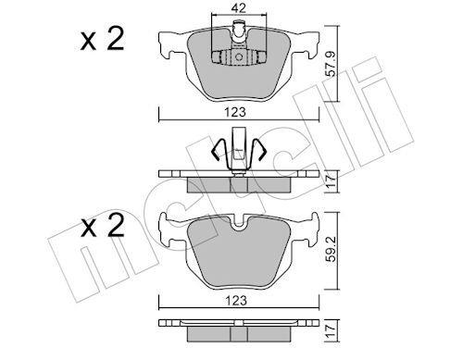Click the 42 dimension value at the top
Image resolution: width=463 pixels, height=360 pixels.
click(x=239, y=8)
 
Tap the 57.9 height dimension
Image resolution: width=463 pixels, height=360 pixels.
click(x=331, y=64)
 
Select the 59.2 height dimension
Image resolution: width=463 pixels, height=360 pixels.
click(x=331, y=249)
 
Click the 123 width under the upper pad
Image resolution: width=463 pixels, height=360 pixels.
click(x=235, y=112)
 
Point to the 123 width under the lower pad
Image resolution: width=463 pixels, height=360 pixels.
click(x=236, y=300)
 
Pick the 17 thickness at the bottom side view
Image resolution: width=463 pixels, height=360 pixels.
click(x=331, y=330)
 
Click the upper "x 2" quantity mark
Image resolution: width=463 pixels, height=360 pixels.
click(x=103, y=39)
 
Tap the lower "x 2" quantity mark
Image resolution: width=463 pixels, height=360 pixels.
click(x=103, y=225)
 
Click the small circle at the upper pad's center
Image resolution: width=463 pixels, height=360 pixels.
click(x=239, y=57)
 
